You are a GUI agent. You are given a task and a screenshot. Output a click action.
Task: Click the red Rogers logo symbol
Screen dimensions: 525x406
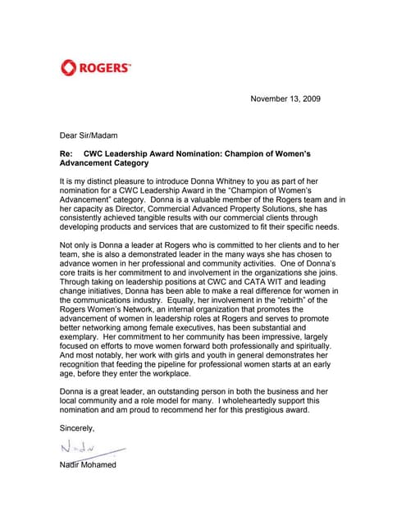[68, 67]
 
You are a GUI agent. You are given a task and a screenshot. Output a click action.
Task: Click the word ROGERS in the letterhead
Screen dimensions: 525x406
[106, 68]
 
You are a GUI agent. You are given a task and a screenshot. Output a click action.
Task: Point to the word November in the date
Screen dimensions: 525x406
[270, 98]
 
